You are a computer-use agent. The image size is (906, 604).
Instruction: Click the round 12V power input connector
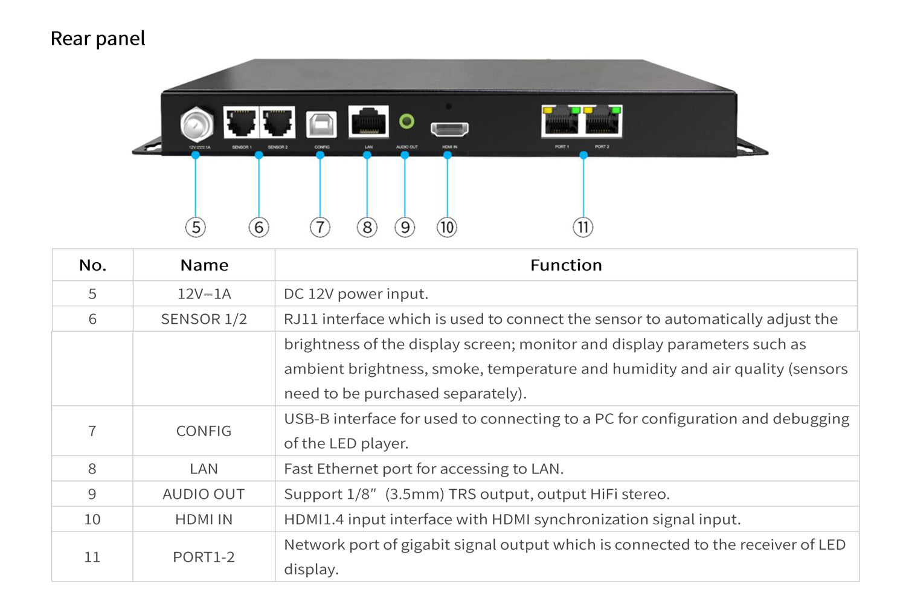click(197, 125)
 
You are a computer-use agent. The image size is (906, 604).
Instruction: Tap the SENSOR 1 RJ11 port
click(242, 123)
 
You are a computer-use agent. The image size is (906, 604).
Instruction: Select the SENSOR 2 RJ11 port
click(278, 123)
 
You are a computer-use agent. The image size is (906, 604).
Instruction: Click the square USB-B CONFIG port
click(321, 124)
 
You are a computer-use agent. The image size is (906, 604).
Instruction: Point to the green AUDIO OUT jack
click(406, 121)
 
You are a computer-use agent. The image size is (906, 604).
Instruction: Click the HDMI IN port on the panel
click(449, 128)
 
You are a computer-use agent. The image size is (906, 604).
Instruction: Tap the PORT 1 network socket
click(562, 122)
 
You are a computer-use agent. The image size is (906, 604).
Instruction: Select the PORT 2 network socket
click(602, 122)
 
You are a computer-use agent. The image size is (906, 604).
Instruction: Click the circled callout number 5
click(196, 227)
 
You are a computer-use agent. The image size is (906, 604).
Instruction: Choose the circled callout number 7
click(320, 227)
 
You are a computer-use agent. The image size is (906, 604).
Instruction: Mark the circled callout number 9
click(405, 227)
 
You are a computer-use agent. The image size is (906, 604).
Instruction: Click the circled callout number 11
click(583, 227)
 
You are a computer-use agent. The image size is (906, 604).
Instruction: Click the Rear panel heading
click(98, 39)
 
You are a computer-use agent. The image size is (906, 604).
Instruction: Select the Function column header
click(566, 265)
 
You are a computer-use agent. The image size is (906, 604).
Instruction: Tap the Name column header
click(204, 265)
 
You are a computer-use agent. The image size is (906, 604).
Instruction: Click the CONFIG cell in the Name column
click(204, 431)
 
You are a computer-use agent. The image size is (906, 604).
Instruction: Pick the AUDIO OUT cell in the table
click(204, 494)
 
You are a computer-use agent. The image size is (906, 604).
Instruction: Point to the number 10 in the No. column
click(92, 519)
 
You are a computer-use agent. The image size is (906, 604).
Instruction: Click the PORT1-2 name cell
click(204, 557)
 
